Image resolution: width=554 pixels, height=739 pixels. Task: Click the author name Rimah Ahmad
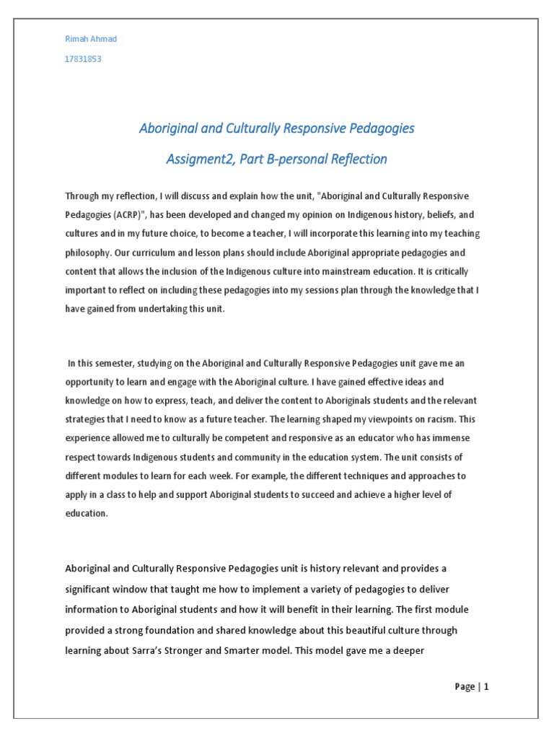tap(91, 39)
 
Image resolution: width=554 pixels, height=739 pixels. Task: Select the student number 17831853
tap(83, 59)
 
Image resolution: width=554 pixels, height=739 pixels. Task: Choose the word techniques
tap(353, 476)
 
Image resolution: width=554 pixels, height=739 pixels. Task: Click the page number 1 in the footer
tap(487, 687)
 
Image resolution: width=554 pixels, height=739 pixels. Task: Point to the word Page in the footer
tap(465, 687)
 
